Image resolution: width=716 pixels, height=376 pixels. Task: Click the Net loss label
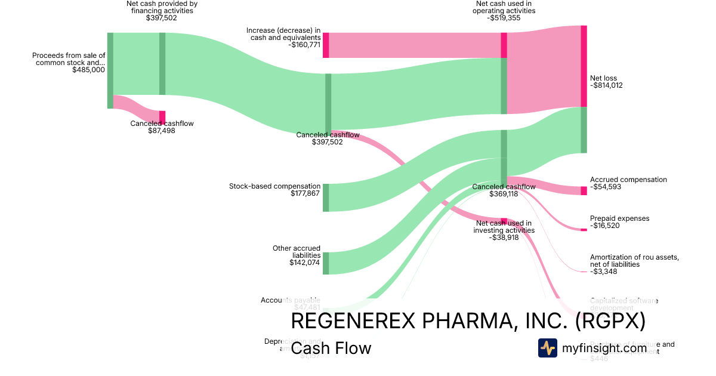coord(603,78)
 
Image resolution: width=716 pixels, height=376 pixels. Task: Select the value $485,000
coord(88,70)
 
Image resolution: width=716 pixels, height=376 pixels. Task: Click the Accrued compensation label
coord(628,180)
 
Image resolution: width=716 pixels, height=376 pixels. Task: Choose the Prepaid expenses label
coord(619,218)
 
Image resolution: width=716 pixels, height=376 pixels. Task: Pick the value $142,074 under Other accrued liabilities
coord(305,262)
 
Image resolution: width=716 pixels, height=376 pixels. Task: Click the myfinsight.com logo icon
coord(547,348)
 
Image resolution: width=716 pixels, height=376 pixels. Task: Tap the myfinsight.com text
coord(604,348)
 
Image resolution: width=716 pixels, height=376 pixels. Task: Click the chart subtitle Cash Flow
coord(331,348)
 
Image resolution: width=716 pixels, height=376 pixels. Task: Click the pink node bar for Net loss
coord(584,66)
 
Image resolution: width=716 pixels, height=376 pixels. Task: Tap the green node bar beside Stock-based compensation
coord(326,198)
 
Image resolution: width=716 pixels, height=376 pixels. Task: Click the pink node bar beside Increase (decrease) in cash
coord(326,45)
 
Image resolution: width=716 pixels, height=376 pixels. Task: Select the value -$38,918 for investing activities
coord(504,237)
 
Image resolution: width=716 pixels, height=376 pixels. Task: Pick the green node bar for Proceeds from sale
coord(110,70)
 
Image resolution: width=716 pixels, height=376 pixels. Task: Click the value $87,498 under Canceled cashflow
coord(162,131)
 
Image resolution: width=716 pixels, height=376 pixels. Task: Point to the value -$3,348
coord(604,272)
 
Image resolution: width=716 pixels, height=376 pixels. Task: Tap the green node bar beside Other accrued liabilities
coord(326,263)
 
